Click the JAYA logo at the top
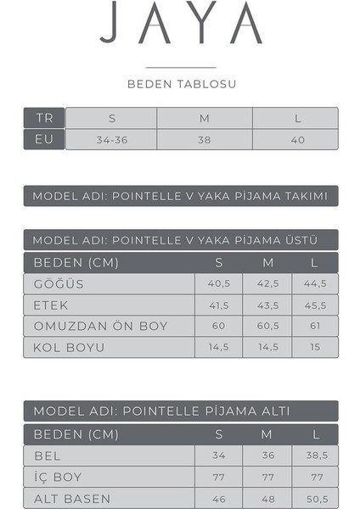coord(181,25)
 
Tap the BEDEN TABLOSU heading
coord(181,84)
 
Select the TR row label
coord(44,118)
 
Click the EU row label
coord(44,139)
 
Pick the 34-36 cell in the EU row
coord(111,139)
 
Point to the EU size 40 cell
coord(296,139)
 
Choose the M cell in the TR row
coord(204,118)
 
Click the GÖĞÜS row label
coord(59,283)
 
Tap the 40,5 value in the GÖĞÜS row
coord(219,283)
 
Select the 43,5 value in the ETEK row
coord(267,305)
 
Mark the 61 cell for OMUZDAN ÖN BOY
coord(315,326)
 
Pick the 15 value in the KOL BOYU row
coord(315,347)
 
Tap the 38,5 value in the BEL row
coord(315,456)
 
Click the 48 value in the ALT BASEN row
coord(267,498)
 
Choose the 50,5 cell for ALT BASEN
coord(315,498)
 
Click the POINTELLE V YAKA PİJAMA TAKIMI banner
coord(180,196)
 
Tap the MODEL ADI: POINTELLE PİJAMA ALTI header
coord(180,411)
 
